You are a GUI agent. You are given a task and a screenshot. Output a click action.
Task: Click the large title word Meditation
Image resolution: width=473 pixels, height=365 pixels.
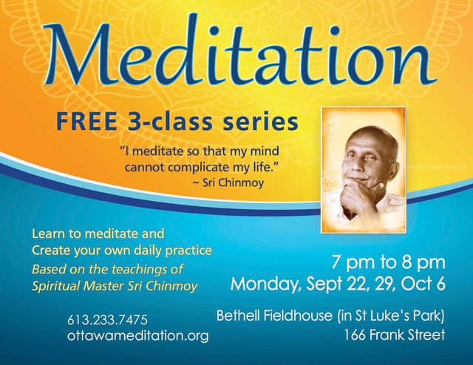[238, 54]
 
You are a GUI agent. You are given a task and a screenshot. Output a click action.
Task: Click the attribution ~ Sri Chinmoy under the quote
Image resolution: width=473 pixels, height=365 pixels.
[228, 182]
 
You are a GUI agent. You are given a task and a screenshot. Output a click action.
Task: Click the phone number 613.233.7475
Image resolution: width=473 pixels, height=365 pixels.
[107, 320]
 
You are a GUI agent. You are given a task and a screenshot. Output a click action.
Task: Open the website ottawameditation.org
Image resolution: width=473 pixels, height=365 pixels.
[138, 335]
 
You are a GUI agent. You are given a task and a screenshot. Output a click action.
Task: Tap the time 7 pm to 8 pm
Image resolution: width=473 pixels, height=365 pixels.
[389, 262]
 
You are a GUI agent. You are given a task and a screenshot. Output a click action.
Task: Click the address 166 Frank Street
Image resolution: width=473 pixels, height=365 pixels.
[395, 335]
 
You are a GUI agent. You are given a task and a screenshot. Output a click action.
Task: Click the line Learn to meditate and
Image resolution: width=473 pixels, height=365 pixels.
[98, 233]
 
